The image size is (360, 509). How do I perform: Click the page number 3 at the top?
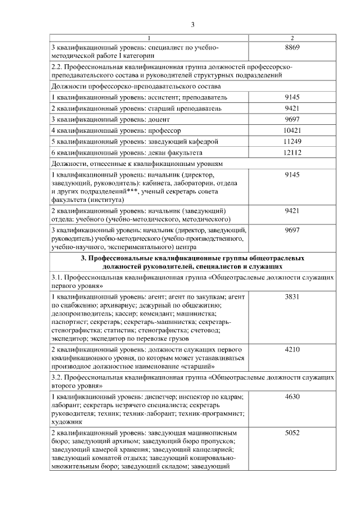192,24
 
